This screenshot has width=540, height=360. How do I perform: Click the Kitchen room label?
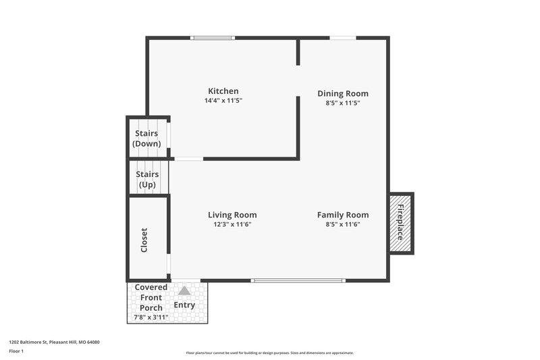[223, 91]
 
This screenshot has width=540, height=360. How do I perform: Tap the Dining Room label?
[343, 94]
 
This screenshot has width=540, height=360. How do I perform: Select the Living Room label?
[232, 215]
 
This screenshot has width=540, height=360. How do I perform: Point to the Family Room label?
[343, 215]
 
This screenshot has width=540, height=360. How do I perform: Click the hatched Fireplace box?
[400, 223]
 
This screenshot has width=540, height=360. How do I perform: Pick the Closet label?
[144, 240]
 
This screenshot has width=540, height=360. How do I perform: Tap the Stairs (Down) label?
[146, 138]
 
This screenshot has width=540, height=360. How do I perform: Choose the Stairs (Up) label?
[147, 179]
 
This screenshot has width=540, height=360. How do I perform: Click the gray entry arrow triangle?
[184, 290]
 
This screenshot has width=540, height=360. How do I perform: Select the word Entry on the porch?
[184, 305]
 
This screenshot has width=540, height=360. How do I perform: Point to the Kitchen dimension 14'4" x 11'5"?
[223, 101]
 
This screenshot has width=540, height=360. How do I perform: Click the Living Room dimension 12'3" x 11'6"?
[232, 224]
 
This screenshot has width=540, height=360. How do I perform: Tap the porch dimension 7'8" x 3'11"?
[151, 317]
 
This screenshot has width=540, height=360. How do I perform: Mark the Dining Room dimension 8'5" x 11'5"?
[343, 103]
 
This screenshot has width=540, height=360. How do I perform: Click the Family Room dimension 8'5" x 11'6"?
[343, 224]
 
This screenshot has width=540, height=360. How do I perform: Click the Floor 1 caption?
[16, 352]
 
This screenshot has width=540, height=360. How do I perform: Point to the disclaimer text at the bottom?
[270, 353]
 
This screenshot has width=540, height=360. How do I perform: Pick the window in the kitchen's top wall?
[213, 38]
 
